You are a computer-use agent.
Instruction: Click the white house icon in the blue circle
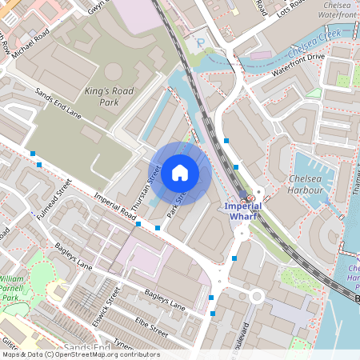[180, 172]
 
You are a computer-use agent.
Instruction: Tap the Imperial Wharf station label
[240, 211]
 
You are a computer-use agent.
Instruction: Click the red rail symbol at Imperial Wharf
[250, 198]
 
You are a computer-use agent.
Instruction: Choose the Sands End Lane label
[58, 107]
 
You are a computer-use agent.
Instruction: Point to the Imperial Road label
[112, 207]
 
